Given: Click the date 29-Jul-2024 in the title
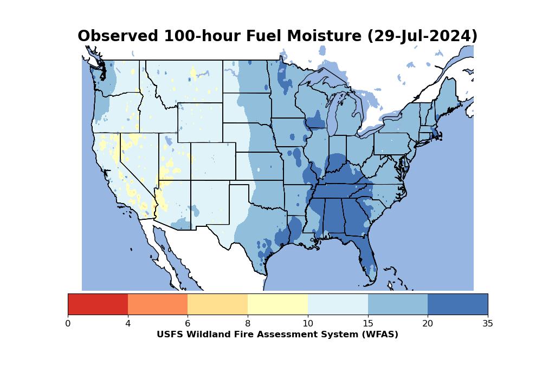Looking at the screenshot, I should (x=422, y=36).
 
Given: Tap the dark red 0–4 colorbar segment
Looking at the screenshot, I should (x=98, y=304).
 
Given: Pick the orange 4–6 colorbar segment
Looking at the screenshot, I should (x=158, y=304).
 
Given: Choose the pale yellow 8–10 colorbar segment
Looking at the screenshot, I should (x=278, y=304).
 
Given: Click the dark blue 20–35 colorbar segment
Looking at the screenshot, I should (x=457, y=304).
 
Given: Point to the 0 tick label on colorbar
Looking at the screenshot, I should (x=68, y=324).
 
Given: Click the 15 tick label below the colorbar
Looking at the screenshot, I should (x=367, y=324).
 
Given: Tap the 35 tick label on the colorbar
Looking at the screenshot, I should (x=487, y=324).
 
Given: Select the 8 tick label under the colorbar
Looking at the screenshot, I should (x=248, y=324).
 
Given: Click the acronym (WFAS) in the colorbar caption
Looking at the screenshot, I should (x=379, y=335).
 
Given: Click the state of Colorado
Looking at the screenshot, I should (x=213, y=161).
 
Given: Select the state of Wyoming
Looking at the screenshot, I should (x=200, y=122).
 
